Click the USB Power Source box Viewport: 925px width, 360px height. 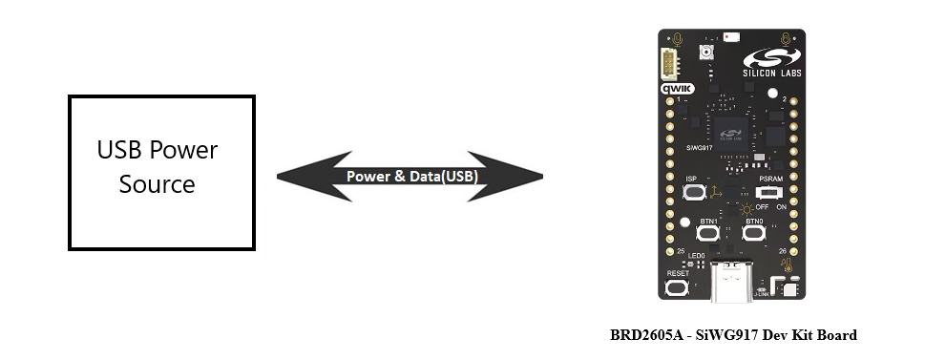pos(161,172)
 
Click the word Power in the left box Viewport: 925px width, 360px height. pos(185,151)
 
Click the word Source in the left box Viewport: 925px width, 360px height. pos(158,184)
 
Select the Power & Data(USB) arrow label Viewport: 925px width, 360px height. pos(411,177)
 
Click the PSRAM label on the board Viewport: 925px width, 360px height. pos(771,179)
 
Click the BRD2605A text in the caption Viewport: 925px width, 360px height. pos(645,335)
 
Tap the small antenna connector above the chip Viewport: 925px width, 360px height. pos(707,53)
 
